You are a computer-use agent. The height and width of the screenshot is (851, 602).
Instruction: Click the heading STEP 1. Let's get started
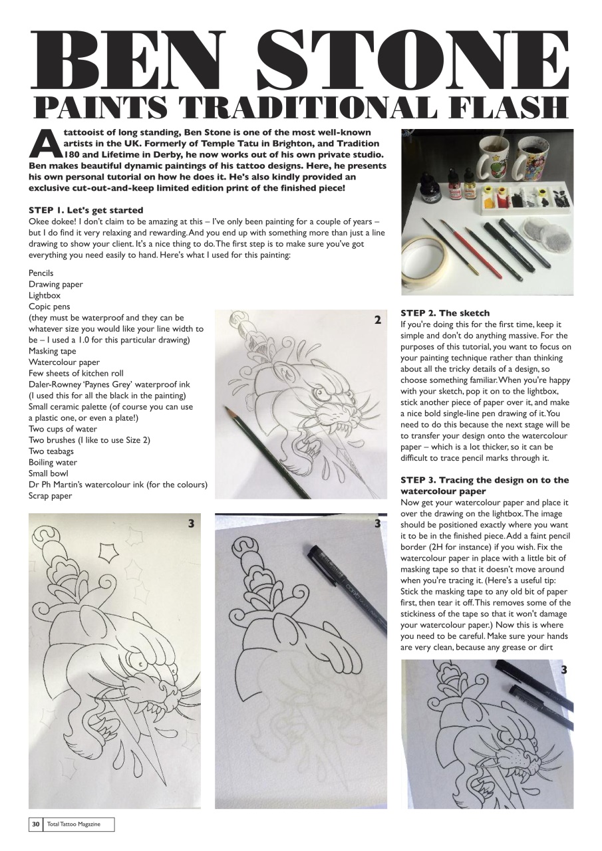point(86,211)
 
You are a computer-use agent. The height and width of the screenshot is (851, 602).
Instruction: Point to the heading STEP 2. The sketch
point(445,313)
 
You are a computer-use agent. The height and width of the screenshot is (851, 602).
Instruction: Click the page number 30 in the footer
point(35,824)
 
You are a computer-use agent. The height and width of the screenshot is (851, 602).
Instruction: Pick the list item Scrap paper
point(51,495)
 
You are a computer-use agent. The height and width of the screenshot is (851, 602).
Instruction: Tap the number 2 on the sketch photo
point(377,320)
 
